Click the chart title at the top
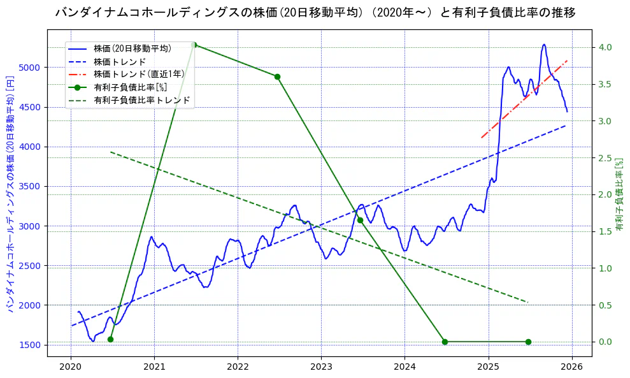[315, 13]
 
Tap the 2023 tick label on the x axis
[321, 367]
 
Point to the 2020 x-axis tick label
[71, 367]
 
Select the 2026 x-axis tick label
[572, 367]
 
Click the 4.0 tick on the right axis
[605, 48]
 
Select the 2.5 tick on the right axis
[605, 158]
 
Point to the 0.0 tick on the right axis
[605, 342]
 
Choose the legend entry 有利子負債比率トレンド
[141, 100]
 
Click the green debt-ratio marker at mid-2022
[277, 76]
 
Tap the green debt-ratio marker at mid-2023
[360, 220]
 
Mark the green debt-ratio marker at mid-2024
[445, 342]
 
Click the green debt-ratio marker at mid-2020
[110, 339]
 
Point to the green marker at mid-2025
[528, 342]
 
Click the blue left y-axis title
[11, 199]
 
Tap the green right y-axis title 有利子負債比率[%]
[619, 194]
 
